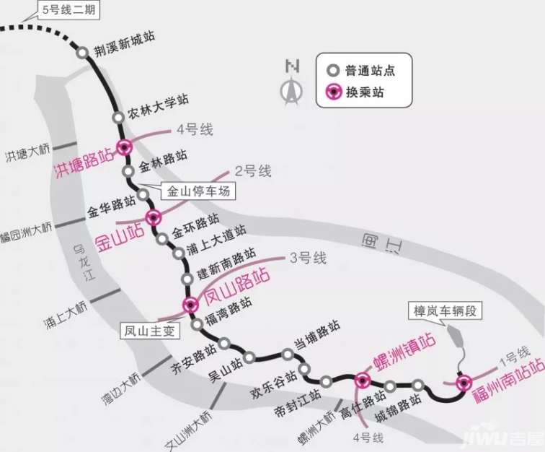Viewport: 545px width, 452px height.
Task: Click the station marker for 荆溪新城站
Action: point(82,53)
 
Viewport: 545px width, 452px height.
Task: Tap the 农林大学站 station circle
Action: point(118,118)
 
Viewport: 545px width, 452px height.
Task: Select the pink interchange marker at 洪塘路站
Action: point(125,147)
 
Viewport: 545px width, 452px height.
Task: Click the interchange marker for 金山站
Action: point(154,217)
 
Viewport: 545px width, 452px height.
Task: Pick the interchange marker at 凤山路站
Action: point(190,305)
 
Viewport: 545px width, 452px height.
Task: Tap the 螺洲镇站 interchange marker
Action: point(363,381)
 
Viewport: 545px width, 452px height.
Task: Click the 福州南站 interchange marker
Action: point(464,383)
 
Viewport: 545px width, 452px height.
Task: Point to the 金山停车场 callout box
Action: point(198,191)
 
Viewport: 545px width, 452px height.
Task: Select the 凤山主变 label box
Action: point(150,331)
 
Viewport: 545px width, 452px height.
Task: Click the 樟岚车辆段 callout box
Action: point(445,310)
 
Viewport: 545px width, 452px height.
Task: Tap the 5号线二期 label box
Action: point(68,10)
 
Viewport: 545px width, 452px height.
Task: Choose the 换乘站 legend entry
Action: point(355,92)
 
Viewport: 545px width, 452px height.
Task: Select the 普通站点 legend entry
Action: point(361,71)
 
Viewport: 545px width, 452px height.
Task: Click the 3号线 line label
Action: point(308,258)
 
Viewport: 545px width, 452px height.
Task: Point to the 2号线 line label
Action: point(253,171)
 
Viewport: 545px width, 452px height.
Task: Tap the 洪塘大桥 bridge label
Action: point(28,153)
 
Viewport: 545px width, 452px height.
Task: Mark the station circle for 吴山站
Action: point(249,357)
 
